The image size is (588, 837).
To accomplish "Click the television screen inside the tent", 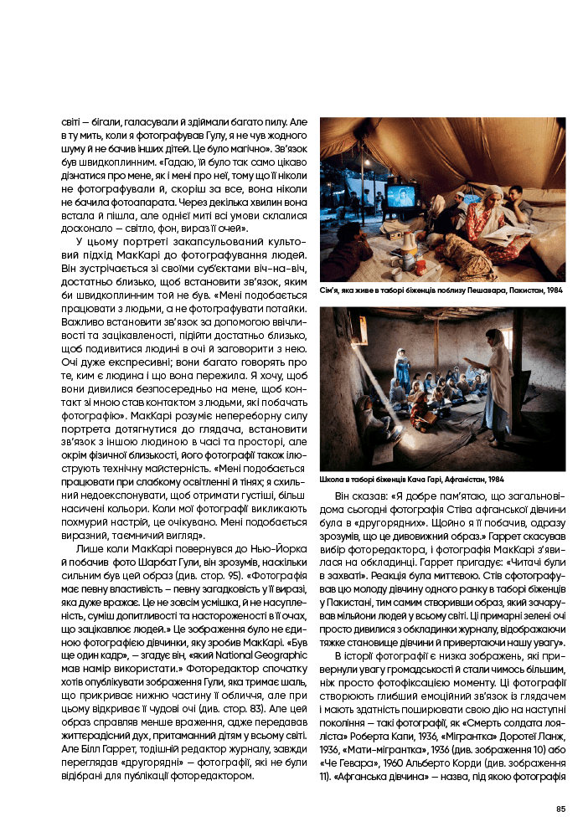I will click(400, 197).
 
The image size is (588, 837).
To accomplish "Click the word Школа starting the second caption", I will click(332, 480).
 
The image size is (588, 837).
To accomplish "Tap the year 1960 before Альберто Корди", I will click(393, 763).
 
